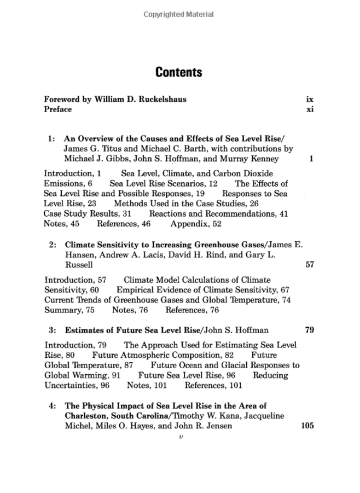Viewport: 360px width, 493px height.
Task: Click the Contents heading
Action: pos(179,72)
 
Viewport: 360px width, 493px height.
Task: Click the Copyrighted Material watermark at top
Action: pos(179,14)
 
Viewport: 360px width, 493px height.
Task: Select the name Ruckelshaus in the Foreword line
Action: pos(159,100)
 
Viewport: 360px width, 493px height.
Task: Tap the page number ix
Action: pos(310,100)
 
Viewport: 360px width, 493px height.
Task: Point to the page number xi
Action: pos(310,109)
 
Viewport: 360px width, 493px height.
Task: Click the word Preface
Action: pos(57,109)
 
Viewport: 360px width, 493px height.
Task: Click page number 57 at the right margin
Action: pos(309,265)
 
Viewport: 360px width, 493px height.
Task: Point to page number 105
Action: pos(307,426)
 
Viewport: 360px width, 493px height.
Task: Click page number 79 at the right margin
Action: pos(309,330)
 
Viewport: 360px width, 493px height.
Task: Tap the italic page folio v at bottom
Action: pos(181,437)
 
